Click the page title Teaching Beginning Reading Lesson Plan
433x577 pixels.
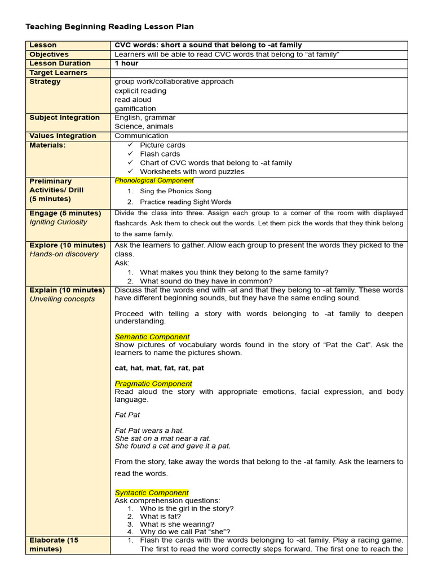click(110, 26)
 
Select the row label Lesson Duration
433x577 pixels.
click(60, 64)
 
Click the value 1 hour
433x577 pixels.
click(126, 64)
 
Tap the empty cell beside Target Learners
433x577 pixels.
click(258, 73)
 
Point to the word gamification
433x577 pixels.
click(135, 109)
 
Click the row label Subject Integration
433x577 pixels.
click(64, 118)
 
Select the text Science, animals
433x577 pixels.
click(144, 127)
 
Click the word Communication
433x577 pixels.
click(142, 136)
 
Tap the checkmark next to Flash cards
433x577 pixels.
click(131, 154)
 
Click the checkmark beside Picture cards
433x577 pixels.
click(131, 145)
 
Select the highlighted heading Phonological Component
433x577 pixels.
click(154, 180)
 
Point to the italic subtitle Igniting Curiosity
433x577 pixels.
click(59, 222)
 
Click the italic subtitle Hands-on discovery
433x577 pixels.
click(64, 254)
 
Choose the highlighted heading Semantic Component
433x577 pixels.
click(152, 337)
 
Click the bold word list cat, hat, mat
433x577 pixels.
click(159, 368)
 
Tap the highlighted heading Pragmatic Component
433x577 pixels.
click(153, 384)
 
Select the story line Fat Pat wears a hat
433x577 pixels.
click(149, 430)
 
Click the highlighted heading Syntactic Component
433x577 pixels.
click(152, 492)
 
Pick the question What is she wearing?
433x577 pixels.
click(177, 524)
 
